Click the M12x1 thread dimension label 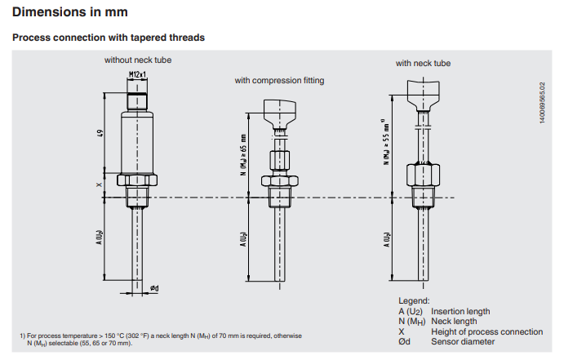point(137,74)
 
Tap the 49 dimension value point(100,133)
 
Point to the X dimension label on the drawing point(100,184)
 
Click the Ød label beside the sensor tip point(154,288)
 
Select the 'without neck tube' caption point(138,60)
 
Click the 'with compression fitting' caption point(279,81)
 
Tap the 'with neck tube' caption point(423,64)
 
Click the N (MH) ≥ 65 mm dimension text point(243,154)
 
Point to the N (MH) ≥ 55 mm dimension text point(386,142)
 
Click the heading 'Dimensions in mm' point(70,12)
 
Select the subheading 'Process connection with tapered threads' point(109,38)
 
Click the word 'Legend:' point(414,300)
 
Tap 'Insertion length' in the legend point(460,311)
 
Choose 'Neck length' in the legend point(454,321)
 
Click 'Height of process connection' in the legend point(486,331)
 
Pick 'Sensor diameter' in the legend point(463,342)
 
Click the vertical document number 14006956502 point(542,103)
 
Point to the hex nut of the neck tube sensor point(423,176)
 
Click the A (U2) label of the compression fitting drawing point(243,239)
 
